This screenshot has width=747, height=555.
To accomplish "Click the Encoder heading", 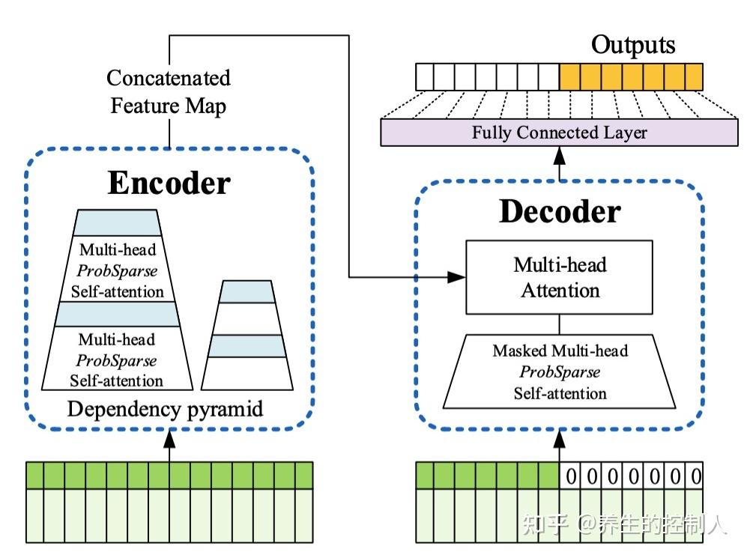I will coord(169,183).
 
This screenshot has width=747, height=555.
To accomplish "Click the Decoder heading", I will coord(560,212).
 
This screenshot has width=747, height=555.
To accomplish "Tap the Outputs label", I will coord(633,45).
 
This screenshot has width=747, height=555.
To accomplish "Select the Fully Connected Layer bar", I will coord(559,133).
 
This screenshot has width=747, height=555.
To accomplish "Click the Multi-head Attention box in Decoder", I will coord(560,277).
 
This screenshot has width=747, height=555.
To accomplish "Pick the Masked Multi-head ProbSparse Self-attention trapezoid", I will coord(560,371).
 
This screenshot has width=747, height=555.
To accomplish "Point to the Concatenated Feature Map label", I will coord(169,92).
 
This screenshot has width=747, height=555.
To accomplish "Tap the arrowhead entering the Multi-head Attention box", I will coord(457,277).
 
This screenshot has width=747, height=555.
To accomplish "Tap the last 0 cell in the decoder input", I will coord(695,476).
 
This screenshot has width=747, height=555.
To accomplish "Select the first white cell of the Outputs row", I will coord(426,76).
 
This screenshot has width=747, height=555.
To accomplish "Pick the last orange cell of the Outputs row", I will coord(693,76).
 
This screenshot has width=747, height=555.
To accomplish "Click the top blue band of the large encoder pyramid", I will coord(118,222).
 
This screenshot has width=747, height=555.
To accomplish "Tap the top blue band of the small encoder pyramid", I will coord(247,291).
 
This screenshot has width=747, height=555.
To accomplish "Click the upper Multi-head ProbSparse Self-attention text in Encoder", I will coord(118,270).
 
